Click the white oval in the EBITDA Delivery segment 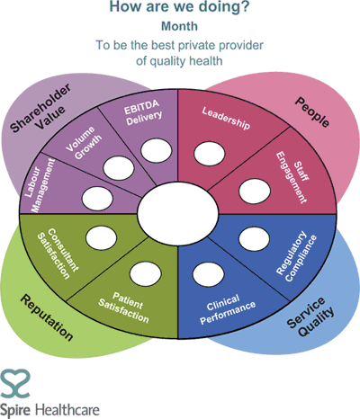pos(157,151)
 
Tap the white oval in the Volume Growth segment pos(119,168)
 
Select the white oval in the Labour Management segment pos(97,198)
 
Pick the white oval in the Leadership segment pos(209,153)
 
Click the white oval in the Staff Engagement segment pos(255,191)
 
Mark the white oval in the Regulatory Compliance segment pos(254,239)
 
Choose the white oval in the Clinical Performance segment pos(208,274)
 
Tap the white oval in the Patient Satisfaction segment pos(146,274)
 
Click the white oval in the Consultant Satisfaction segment pos(101,237)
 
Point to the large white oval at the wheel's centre pos(178,213)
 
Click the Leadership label pos(226,119)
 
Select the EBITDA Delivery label pos(143,112)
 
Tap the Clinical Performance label pos(228,308)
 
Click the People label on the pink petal pos(312,112)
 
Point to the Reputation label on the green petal pos(47,317)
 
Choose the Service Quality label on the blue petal pos(310,316)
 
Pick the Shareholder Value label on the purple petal pos(40,107)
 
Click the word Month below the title pos(179,26)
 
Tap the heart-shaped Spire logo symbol pos(15,385)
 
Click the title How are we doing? pos(179,6)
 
